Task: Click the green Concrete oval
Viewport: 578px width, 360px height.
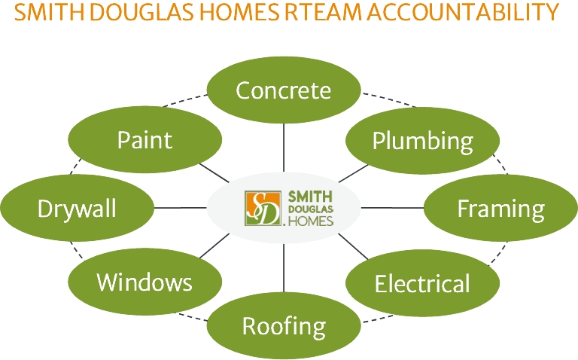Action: (x=284, y=90)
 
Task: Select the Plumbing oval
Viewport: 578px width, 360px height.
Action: (x=422, y=140)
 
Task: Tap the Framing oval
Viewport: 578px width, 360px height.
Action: (x=500, y=208)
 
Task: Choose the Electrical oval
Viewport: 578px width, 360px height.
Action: (x=422, y=283)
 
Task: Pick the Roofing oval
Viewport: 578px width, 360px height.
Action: (x=284, y=326)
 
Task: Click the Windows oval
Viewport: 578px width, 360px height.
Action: (x=144, y=282)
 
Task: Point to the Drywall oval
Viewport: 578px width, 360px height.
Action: (x=78, y=208)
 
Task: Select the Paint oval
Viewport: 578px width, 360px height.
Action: (x=144, y=139)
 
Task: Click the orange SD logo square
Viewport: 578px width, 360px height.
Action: (x=263, y=208)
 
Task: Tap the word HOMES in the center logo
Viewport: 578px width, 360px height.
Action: (x=310, y=220)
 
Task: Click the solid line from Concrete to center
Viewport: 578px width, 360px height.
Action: (x=284, y=147)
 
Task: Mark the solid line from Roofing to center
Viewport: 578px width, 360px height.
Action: (x=284, y=267)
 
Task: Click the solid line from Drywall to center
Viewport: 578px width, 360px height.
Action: (x=181, y=208)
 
